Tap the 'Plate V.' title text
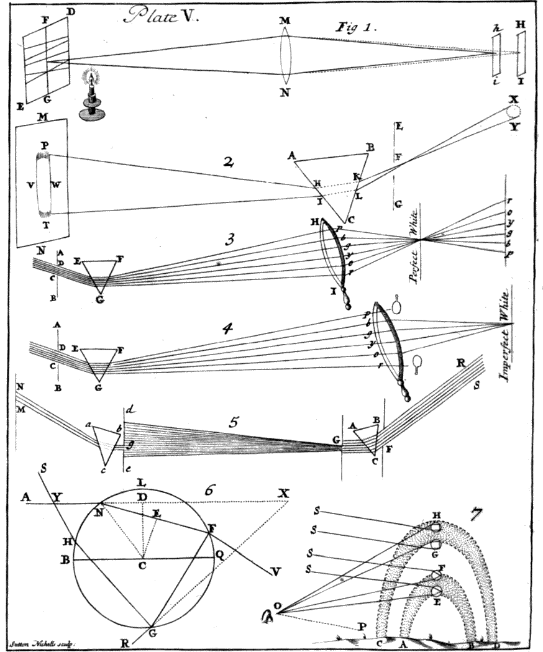point(160,17)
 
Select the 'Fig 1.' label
point(352,27)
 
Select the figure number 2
point(229,163)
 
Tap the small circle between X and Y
point(513,112)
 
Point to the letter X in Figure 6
point(285,492)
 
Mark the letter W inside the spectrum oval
point(56,184)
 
